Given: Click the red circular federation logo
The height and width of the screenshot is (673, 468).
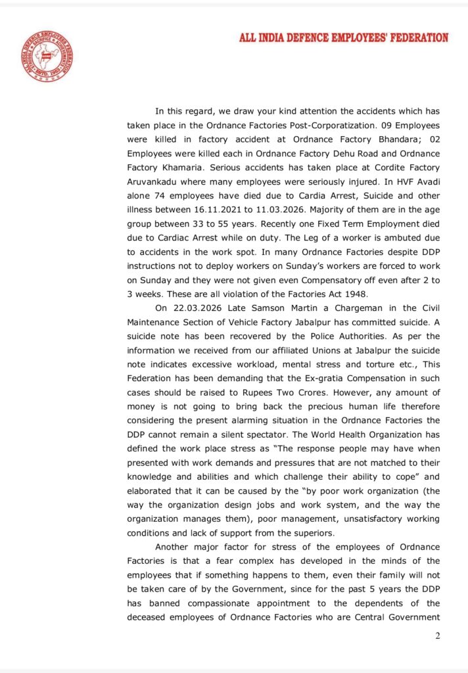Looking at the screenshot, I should (x=47, y=55).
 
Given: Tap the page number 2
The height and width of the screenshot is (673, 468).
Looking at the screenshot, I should (x=438, y=636).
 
